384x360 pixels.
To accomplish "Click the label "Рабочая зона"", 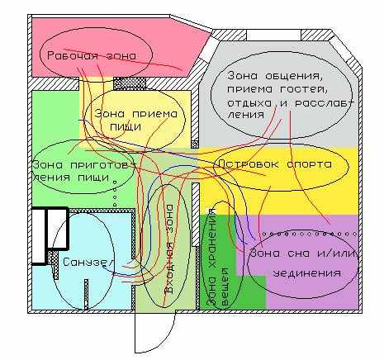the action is point(92,55).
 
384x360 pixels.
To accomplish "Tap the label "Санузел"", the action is point(88,263).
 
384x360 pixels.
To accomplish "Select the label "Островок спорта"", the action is point(275,164).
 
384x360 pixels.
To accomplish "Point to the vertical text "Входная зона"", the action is point(168,249).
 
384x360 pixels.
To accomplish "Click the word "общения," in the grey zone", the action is point(293,76).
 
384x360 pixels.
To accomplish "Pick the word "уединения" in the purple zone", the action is point(306,273).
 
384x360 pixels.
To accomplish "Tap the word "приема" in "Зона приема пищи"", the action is point(154,114).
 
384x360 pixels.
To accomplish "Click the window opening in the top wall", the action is point(273,36).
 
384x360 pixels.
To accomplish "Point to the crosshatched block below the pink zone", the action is point(130,83).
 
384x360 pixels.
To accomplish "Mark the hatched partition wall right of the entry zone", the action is point(196,214).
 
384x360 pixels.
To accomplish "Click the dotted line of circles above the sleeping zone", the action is point(310,234).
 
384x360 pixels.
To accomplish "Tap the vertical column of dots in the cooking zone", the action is point(115,193).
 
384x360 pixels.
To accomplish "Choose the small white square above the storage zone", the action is point(211,211).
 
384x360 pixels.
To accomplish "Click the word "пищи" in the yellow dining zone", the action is point(126,127).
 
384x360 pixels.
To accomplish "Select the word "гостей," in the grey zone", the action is point(306,89).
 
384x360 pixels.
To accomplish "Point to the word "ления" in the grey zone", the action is point(245,115).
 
